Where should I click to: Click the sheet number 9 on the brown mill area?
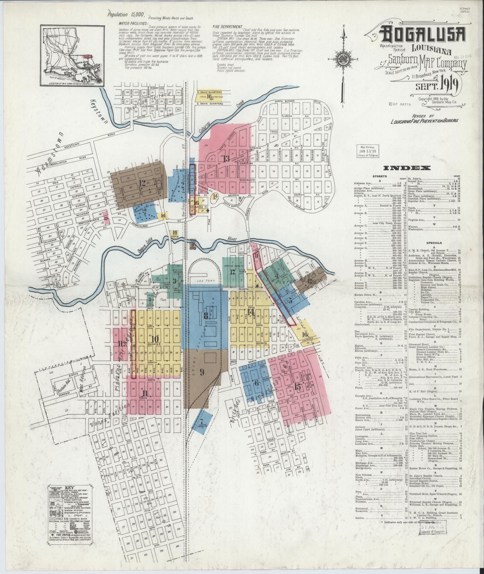click(x=202, y=372)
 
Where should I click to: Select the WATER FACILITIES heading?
click(x=133, y=23)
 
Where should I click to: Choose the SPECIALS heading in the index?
click(x=433, y=243)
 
